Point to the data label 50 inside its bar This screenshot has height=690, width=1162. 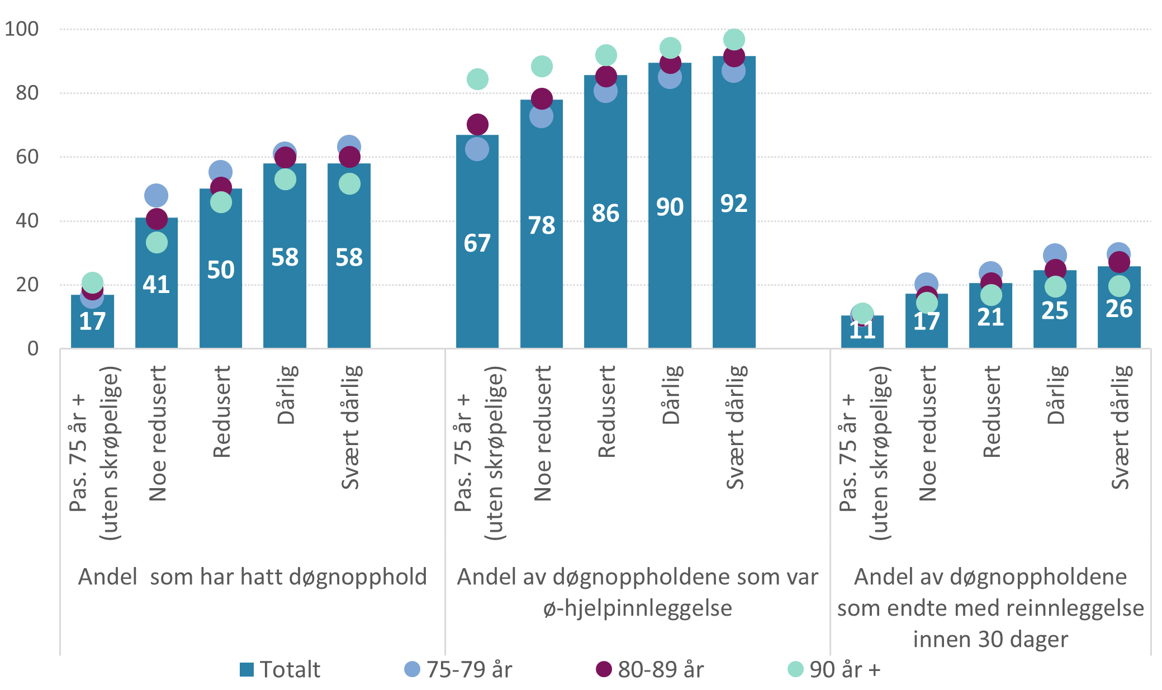tap(220, 270)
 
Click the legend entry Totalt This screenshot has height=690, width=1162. tap(279, 669)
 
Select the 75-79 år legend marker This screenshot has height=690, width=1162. tap(412, 669)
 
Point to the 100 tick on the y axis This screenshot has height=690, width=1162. tap(22, 29)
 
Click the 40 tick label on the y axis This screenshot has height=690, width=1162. tap(27, 221)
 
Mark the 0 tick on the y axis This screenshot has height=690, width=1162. tap(32, 349)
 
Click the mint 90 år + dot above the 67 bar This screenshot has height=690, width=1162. tap(477, 79)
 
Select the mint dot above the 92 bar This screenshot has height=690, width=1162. tap(734, 39)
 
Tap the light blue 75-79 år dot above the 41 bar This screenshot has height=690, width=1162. tap(156, 195)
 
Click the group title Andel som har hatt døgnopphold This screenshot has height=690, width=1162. tap(252, 576)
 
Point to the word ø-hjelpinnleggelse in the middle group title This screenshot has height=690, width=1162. tap(637, 608)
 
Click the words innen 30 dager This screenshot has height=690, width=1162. tap(990, 639)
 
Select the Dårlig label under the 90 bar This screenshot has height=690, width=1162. tap(670, 394)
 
